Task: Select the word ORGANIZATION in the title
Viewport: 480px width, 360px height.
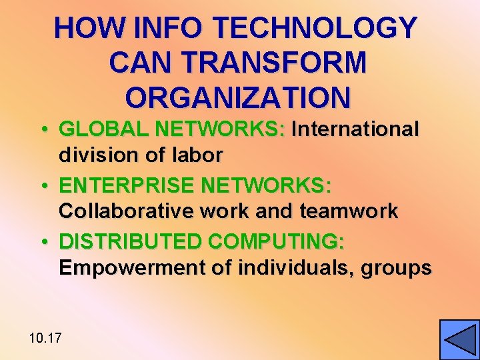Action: [x=237, y=97]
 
